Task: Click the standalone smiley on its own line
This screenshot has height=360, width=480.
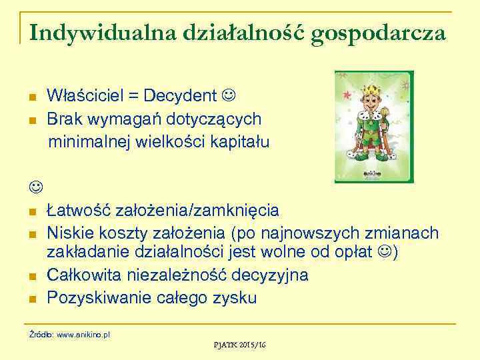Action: [34, 187]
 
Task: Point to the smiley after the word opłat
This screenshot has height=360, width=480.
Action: [385, 254]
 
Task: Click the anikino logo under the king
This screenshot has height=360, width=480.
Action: [373, 172]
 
